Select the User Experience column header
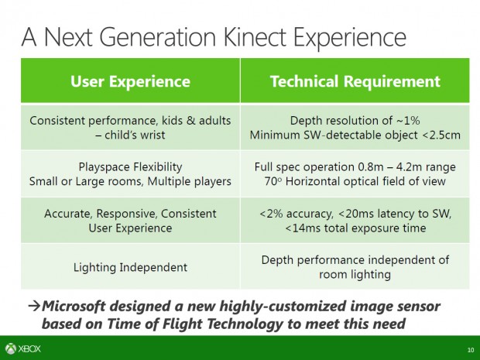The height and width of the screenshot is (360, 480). [x=130, y=81]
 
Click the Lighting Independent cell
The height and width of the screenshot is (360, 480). [x=130, y=267]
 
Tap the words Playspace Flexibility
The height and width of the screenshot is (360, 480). [x=130, y=166]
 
